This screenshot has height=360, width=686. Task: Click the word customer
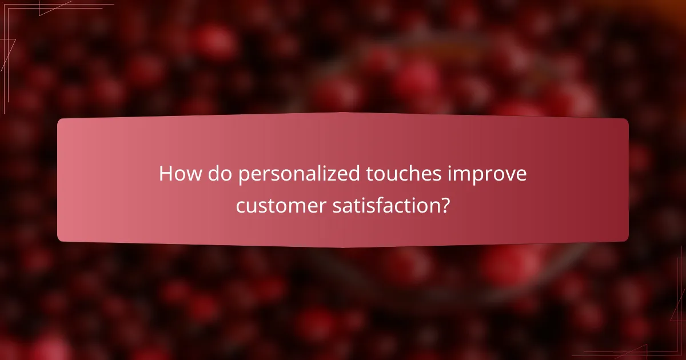click(x=281, y=205)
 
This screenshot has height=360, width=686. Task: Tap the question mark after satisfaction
click(x=444, y=205)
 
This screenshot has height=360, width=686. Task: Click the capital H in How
click(x=166, y=174)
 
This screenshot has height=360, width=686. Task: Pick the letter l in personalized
click(x=314, y=174)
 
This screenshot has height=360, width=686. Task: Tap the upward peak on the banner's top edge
click(x=343, y=113)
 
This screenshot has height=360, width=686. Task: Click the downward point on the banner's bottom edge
click(x=343, y=247)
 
